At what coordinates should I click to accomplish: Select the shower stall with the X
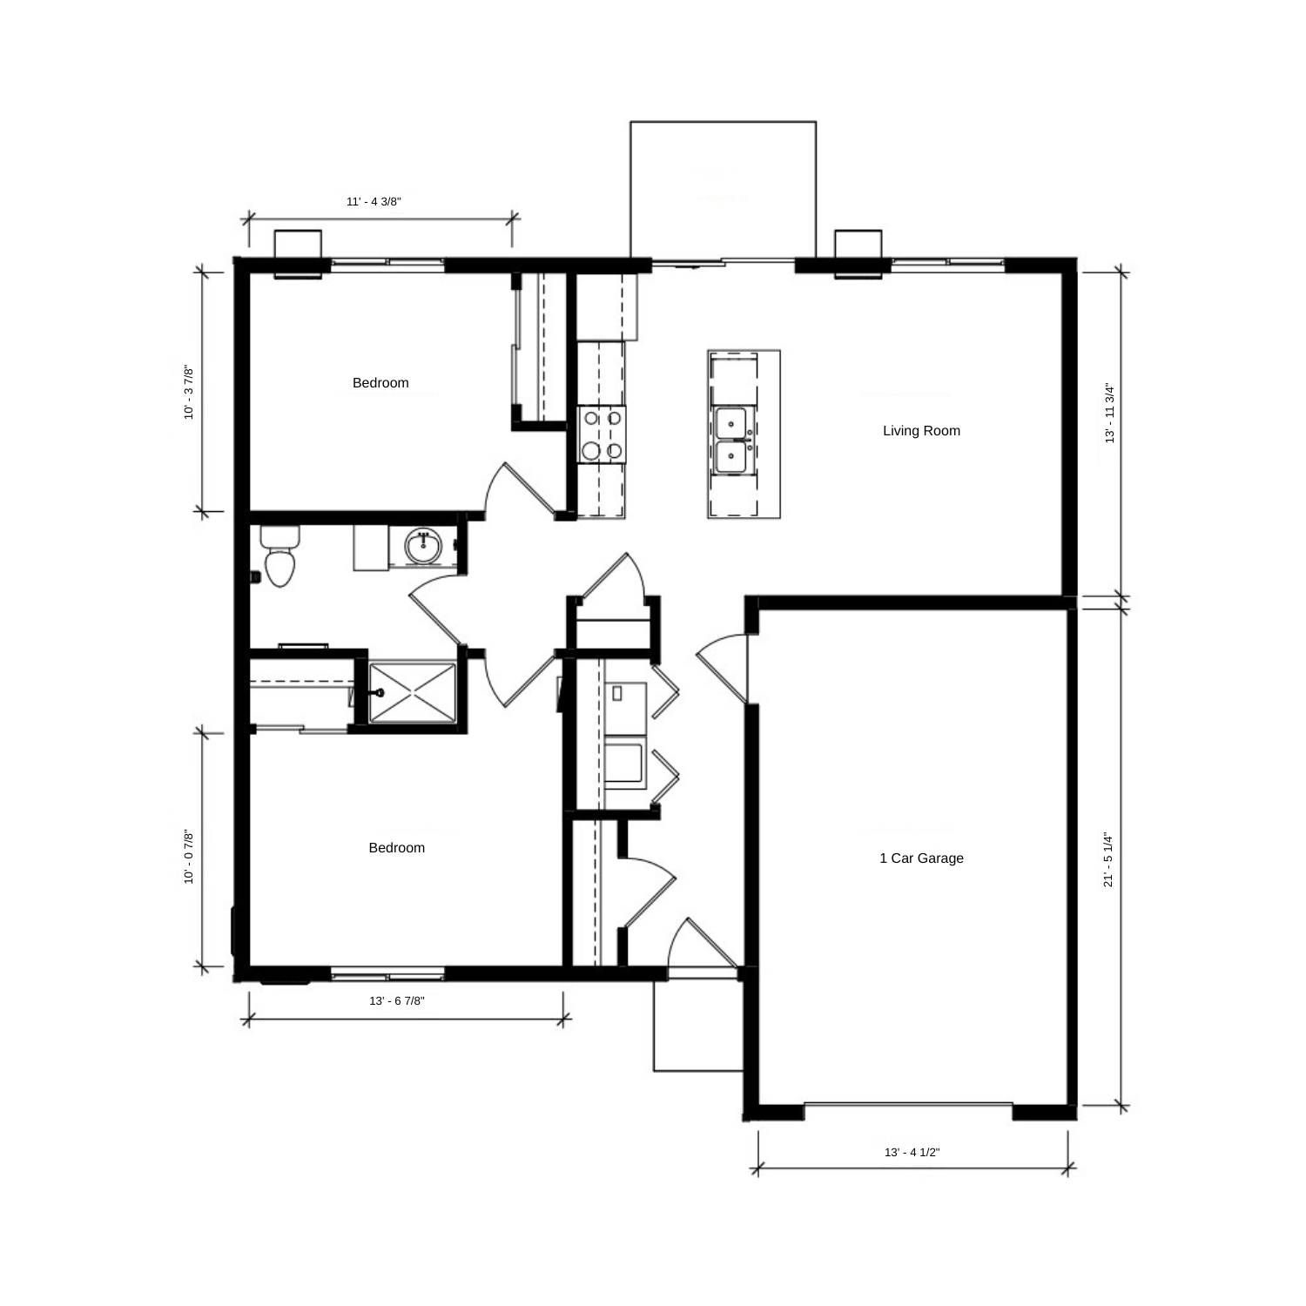pos(413,692)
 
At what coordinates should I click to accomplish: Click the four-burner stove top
pos(602,434)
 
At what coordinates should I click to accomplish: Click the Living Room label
pos(921,431)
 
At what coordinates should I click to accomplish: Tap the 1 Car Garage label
pos(921,858)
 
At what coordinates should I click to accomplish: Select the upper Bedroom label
pos(380,383)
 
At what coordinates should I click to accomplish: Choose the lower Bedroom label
pos(397,848)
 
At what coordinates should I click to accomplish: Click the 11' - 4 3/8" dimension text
pos(374,202)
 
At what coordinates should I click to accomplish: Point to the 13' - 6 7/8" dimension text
pos(397,1001)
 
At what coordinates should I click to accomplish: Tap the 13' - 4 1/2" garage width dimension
pos(912,1153)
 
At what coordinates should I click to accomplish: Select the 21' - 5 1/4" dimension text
pos(1109,858)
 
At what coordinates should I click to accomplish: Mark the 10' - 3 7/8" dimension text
pos(189,393)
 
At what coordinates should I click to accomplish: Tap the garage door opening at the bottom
pos(908,1106)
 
